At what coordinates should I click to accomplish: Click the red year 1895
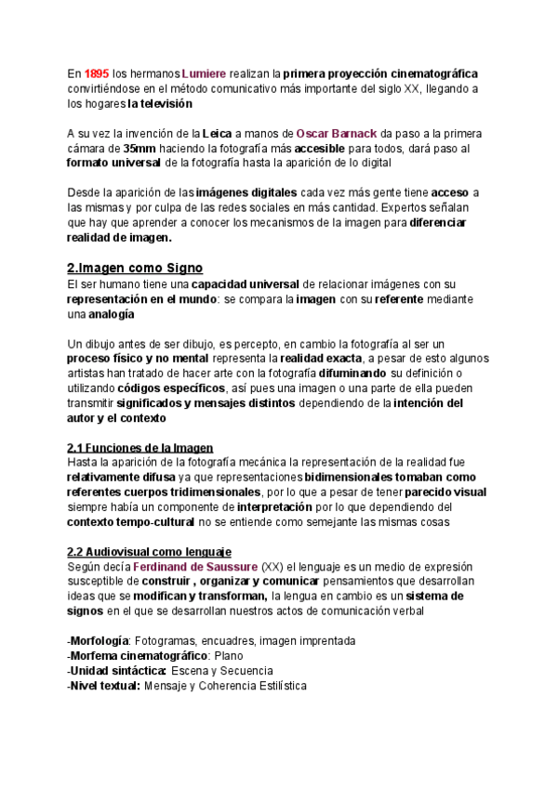96,72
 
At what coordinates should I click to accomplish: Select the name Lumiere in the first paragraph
204,72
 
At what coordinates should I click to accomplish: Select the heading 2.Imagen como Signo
135,268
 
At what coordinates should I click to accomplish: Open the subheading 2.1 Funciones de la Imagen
140,447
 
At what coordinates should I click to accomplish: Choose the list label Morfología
99,641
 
